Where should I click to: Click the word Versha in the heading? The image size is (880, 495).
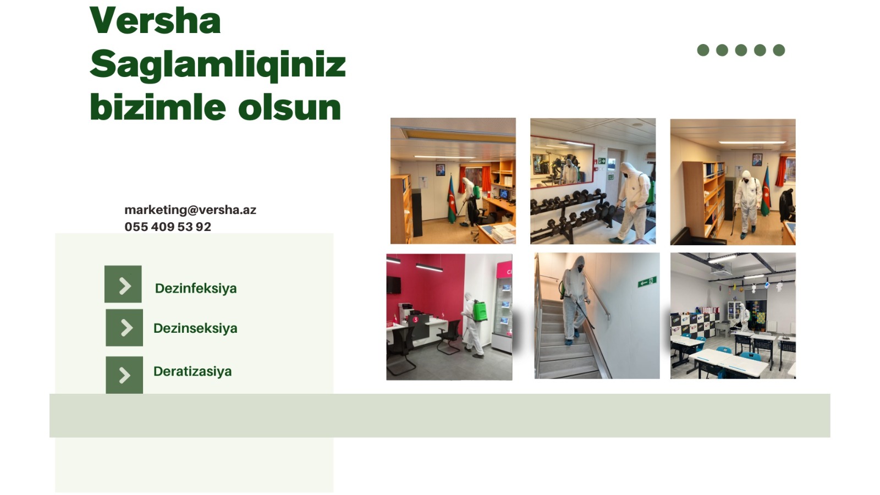point(155,20)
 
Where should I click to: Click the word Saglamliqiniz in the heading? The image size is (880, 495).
point(218,65)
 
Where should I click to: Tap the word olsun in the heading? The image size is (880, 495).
point(289,107)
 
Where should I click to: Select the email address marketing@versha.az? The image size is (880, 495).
point(190,210)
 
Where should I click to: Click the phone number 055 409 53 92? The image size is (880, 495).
point(168,227)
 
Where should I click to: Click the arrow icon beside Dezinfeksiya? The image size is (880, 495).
point(123,284)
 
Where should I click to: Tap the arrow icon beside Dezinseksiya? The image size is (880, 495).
point(124,328)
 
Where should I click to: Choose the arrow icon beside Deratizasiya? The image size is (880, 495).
point(124,375)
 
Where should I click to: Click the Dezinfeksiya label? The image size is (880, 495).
point(196,289)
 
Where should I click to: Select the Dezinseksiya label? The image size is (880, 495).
point(195,328)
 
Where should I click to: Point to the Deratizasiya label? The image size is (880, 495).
point(193,372)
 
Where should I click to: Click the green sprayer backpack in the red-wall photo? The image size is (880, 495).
point(480,310)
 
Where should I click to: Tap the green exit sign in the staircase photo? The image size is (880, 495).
point(647,282)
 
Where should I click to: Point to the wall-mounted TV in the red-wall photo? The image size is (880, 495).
point(393,284)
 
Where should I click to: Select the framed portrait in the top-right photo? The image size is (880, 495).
point(757,160)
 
